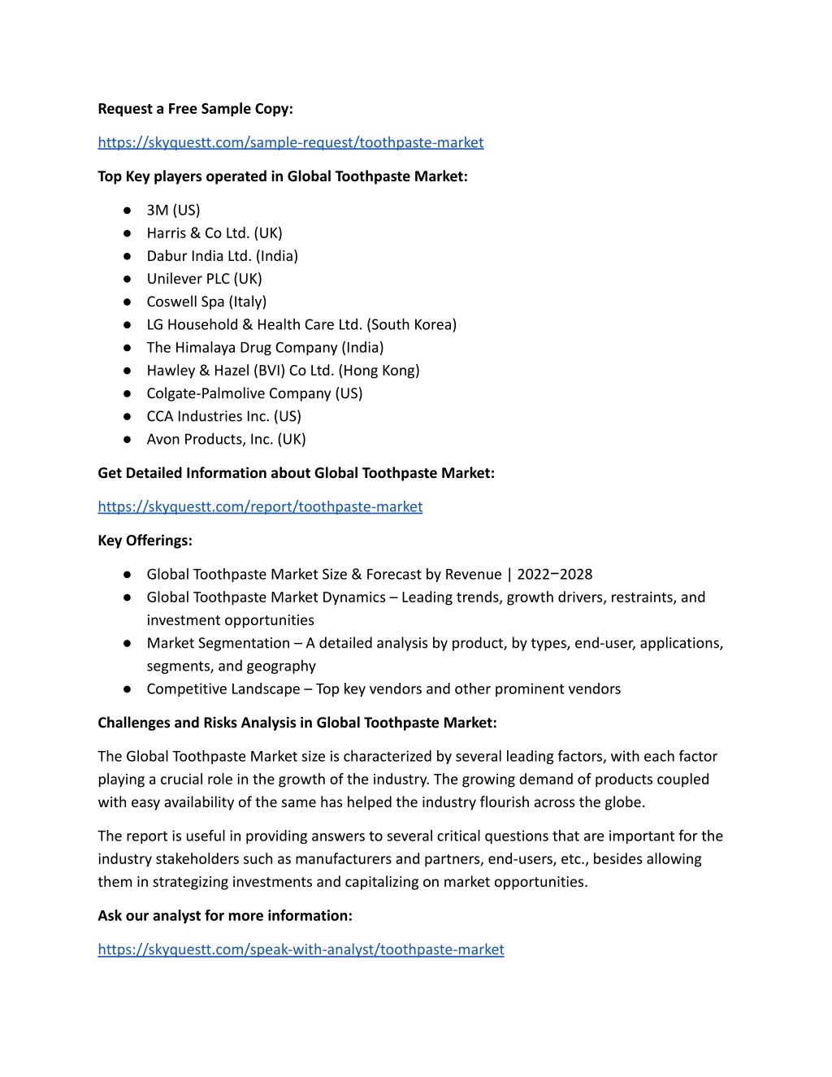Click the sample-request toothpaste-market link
point(290,142)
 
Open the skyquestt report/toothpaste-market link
point(260,506)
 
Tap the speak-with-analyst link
point(301,949)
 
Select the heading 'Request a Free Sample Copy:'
point(195,109)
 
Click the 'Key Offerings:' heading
point(145,541)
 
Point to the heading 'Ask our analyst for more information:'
point(225,916)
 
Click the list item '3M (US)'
point(173,210)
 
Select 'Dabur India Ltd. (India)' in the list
point(222,256)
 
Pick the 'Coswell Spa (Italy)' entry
point(206,302)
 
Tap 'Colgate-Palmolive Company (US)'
point(254,393)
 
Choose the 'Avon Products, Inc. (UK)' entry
point(226,439)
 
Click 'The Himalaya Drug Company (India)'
point(265,348)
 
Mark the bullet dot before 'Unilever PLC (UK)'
point(128,279)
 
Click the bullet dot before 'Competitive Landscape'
point(128,689)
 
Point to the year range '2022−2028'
point(554,575)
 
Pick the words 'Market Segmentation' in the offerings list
point(218,643)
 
